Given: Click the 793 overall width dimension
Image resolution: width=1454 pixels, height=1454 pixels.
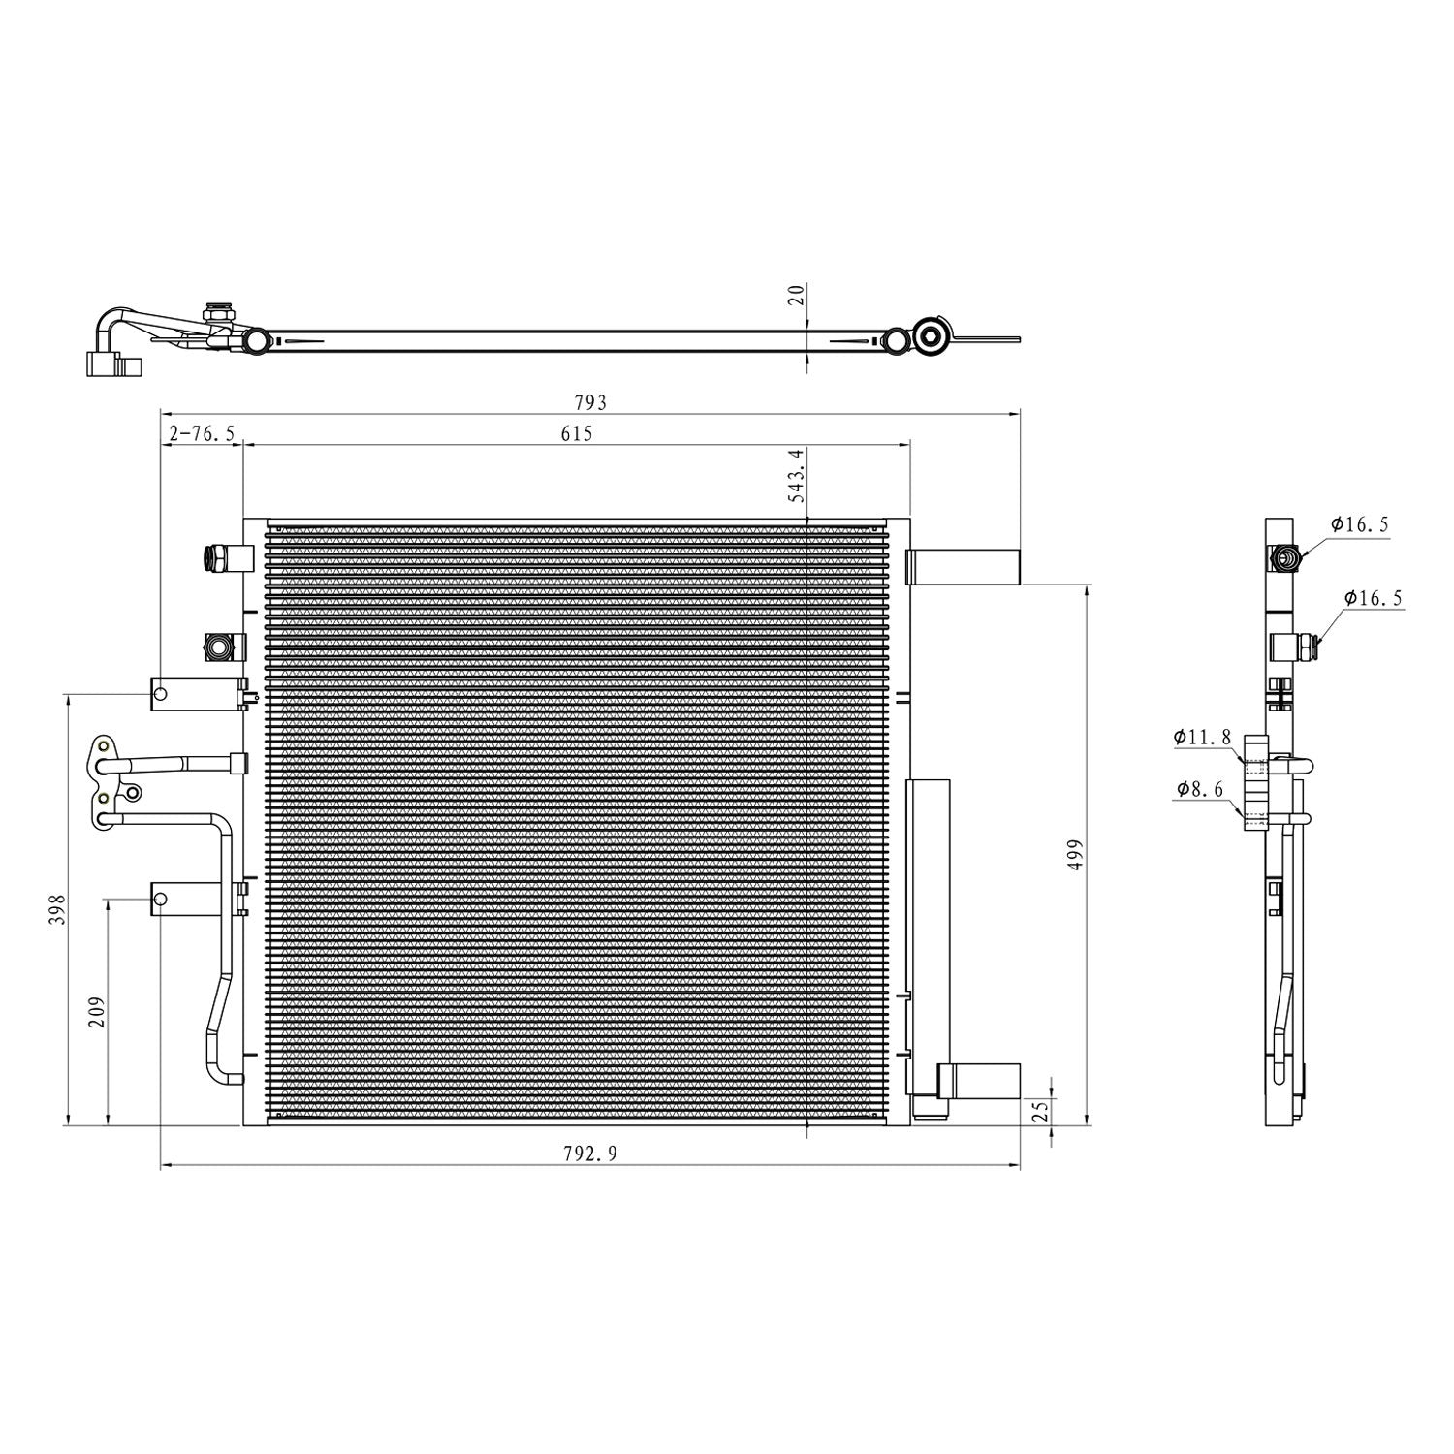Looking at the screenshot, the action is click(x=590, y=401).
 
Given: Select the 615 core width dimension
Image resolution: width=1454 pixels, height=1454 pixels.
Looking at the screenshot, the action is click(x=576, y=433).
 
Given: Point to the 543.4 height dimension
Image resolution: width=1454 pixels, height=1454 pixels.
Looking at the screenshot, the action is click(x=797, y=474).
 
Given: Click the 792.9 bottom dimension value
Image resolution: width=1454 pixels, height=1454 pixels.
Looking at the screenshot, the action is click(x=590, y=1153).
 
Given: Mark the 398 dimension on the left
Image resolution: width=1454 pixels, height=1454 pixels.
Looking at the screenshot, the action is click(x=57, y=909).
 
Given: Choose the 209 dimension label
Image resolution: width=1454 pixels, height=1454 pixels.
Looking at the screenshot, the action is click(x=97, y=1012).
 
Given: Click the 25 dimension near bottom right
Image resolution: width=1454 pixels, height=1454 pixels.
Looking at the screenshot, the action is click(x=1041, y=1111).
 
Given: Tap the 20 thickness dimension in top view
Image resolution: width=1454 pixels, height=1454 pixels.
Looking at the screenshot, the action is click(x=797, y=296).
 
